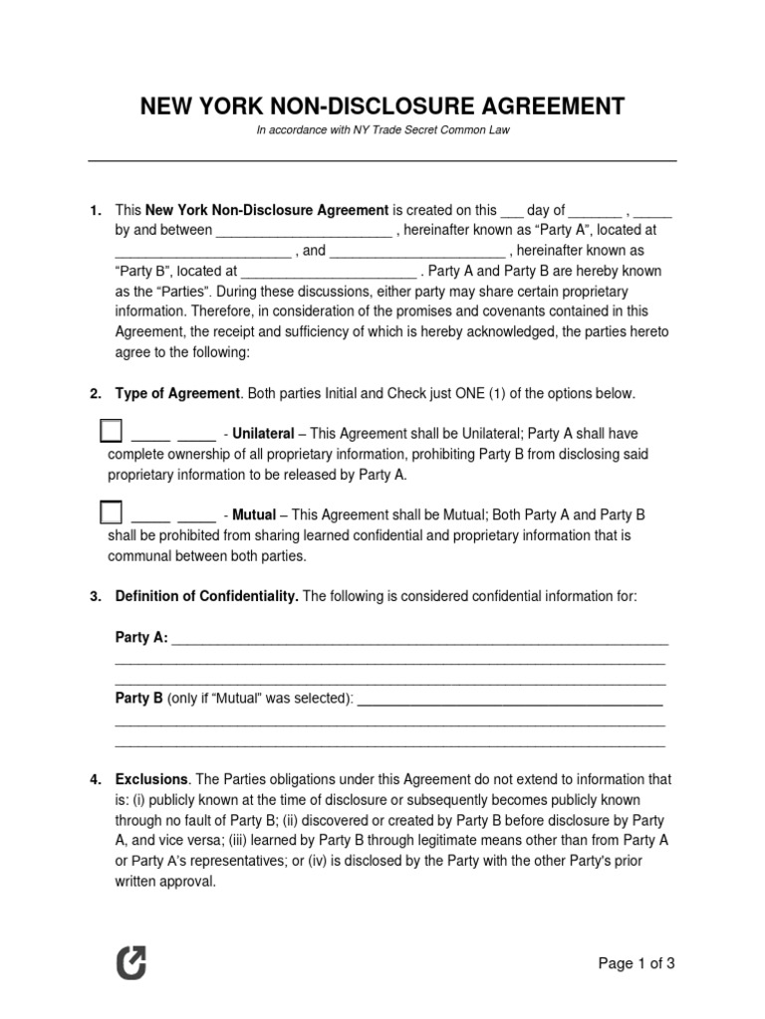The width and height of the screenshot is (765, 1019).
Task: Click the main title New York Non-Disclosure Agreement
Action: point(382,105)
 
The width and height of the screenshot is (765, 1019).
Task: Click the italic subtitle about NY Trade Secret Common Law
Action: point(382,130)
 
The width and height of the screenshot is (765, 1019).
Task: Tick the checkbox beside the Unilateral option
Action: point(112,431)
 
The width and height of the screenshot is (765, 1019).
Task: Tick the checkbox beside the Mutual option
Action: point(112,512)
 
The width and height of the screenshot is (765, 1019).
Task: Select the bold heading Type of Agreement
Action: point(177,394)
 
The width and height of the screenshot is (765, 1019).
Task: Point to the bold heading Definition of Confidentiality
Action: point(206,596)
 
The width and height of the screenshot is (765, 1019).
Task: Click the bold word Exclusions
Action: point(151,779)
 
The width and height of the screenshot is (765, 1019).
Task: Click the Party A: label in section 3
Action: point(142,638)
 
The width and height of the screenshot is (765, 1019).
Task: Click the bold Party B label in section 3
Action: point(139,700)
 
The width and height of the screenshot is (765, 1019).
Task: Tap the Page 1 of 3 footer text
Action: point(637,962)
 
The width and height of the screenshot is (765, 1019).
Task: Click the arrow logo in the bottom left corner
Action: point(130,963)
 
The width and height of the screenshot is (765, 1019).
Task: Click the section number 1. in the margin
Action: point(96,210)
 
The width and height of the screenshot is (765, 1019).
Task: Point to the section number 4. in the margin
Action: point(96,779)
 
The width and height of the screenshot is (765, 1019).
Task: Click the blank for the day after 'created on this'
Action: point(511,212)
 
